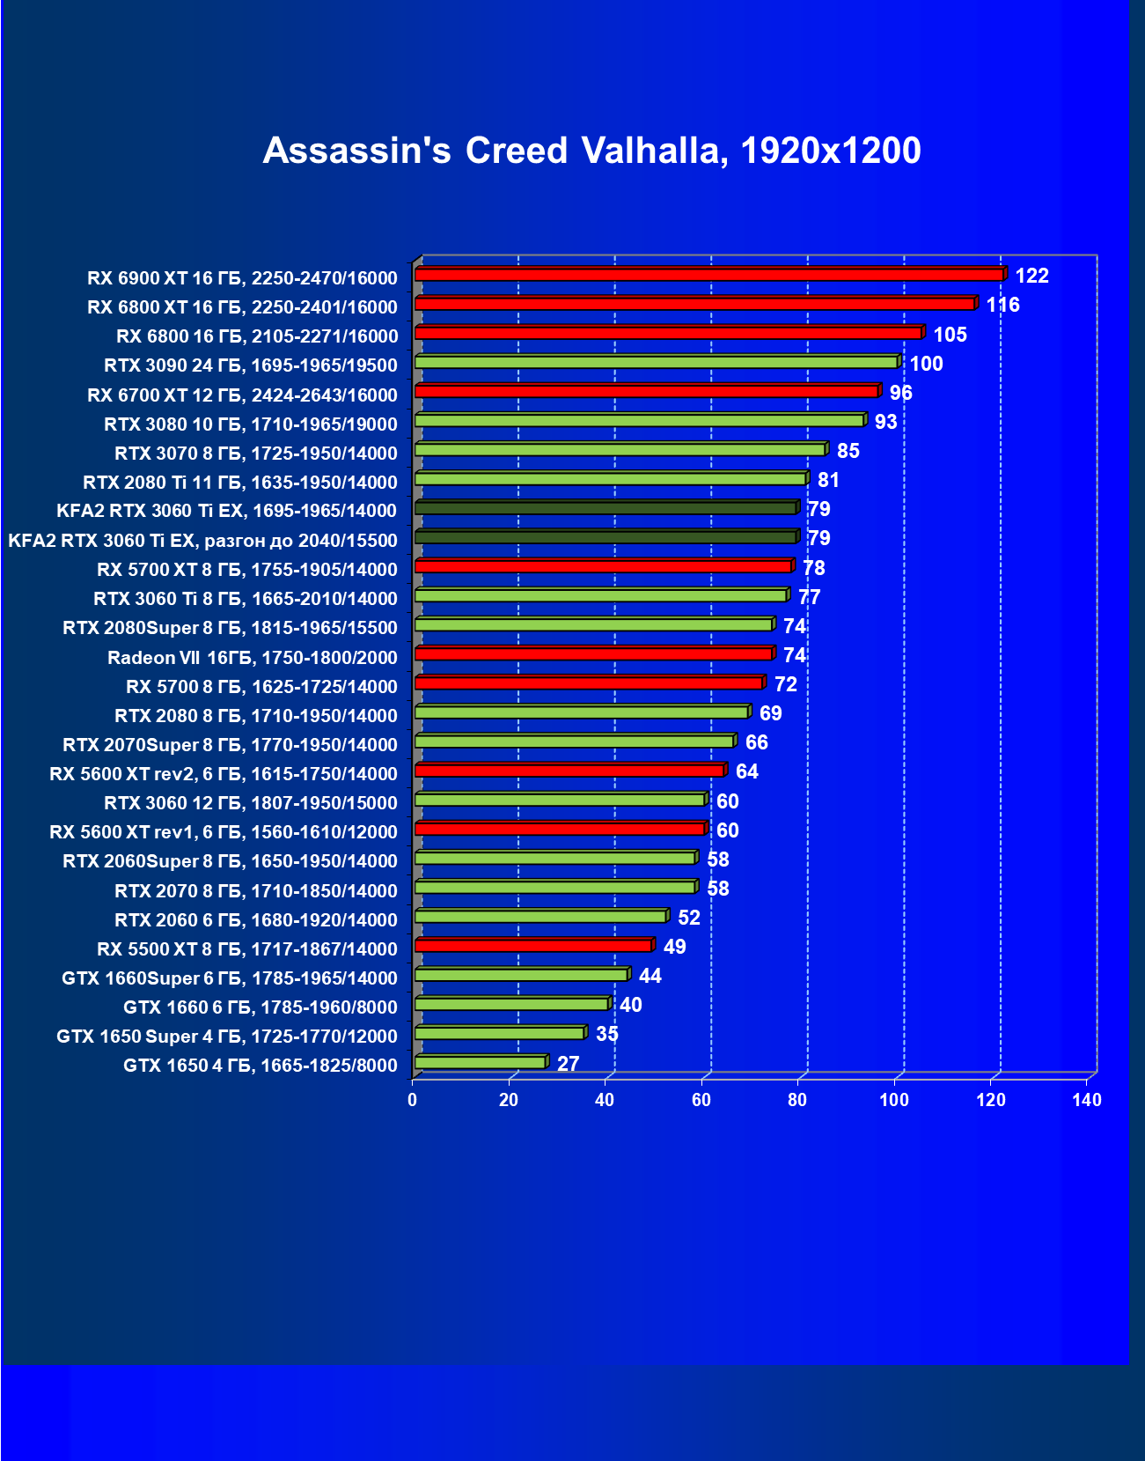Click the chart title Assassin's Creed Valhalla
591,151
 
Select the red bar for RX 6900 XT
708,275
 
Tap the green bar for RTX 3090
656,362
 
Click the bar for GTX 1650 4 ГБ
481,1063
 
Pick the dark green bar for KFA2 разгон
606,537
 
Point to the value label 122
1031,276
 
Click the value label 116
1002,305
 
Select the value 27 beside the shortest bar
568,1064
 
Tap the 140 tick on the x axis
1087,1100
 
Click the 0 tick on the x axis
412,1100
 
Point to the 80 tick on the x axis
797,1100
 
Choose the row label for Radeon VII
252,658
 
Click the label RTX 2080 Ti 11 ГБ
239,483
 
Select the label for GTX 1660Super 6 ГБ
229,978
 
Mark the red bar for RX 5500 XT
533,946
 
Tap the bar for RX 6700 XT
647,391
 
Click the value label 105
950,335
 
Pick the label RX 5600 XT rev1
223,832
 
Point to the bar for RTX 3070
620,450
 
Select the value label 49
674,947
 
